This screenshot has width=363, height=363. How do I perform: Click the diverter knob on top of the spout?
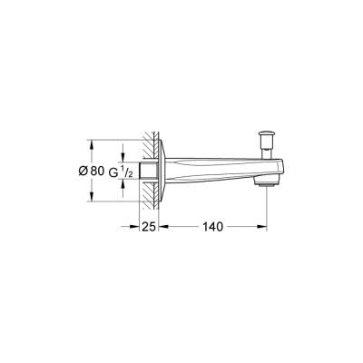[x=266, y=136]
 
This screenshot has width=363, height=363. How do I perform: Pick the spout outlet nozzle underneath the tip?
[x=266, y=185]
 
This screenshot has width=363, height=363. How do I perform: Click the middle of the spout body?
[x=213, y=169]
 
